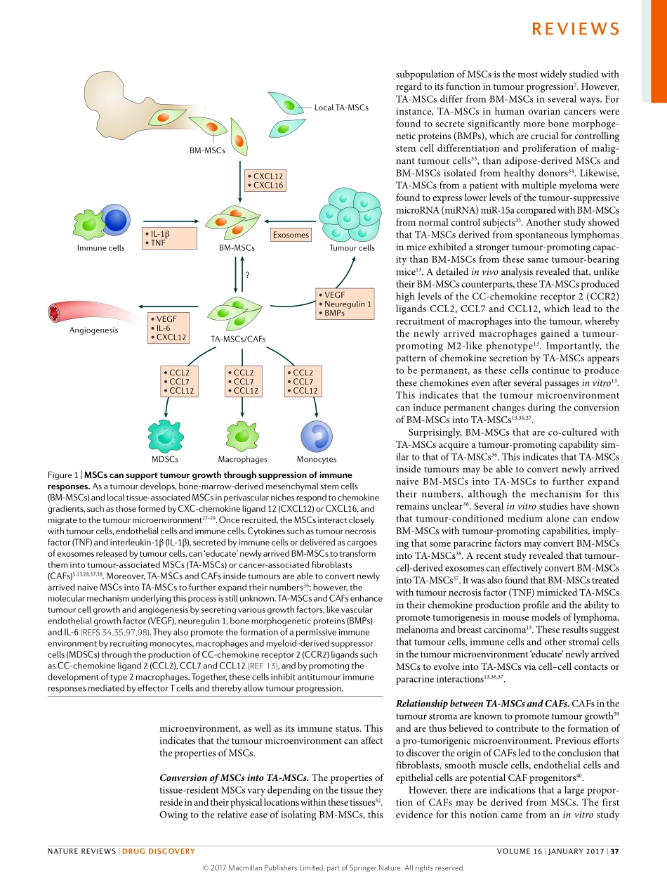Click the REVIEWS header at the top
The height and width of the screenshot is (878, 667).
point(575,29)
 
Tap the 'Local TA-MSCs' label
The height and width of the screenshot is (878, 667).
point(341,108)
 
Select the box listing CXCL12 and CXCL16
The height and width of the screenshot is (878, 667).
point(265,181)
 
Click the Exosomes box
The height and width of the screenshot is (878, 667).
point(291,235)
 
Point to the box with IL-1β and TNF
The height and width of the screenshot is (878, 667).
point(168,238)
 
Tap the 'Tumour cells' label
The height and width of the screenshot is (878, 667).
point(352,247)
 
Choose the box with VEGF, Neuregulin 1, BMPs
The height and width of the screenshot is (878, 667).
point(344,304)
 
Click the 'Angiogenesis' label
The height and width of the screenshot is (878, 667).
point(93,330)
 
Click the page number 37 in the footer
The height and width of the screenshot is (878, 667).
point(614,851)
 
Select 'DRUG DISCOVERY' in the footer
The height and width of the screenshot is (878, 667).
point(159,851)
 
